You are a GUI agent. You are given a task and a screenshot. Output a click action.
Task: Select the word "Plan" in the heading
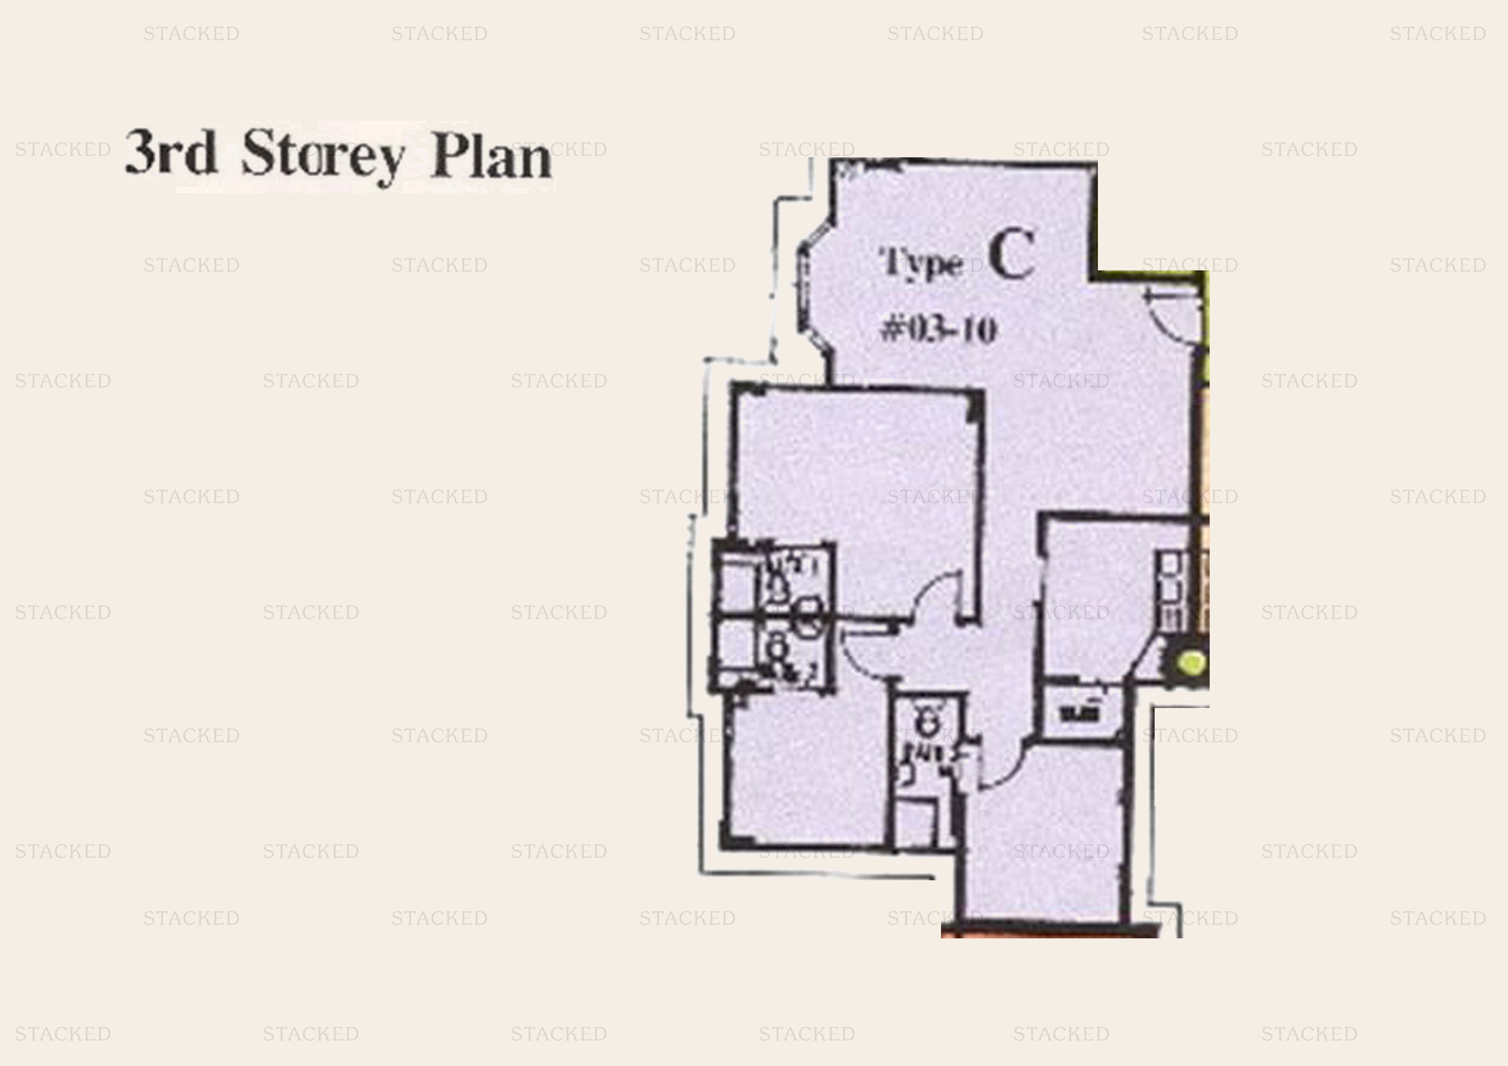pyautogui.click(x=491, y=158)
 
